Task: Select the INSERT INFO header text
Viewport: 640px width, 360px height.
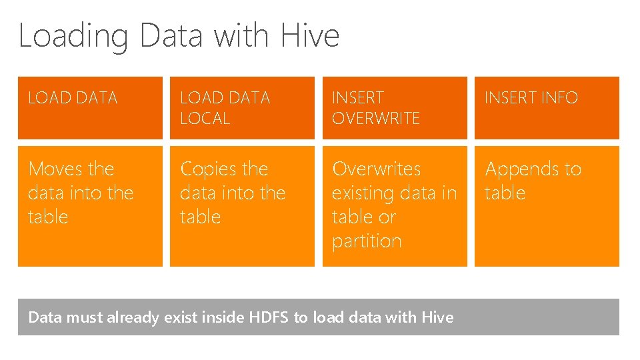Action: pyautogui.click(x=531, y=98)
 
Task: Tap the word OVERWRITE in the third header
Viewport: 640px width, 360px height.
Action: pyautogui.click(x=376, y=119)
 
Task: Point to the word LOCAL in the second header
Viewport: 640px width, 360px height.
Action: pyautogui.click(x=205, y=119)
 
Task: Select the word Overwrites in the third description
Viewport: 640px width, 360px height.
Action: pyautogui.click(x=377, y=169)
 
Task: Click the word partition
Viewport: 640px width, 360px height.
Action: pyautogui.click(x=367, y=241)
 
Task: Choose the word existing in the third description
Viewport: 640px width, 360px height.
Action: pyautogui.click(x=363, y=194)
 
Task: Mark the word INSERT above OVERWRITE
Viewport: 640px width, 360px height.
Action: pyautogui.click(x=358, y=98)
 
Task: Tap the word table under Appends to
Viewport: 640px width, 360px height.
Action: pyautogui.click(x=505, y=193)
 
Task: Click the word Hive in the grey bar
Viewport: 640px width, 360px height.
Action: pyautogui.click(x=437, y=317)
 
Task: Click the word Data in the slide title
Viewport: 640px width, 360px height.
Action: pyautogui.click(x=172, y=35)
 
